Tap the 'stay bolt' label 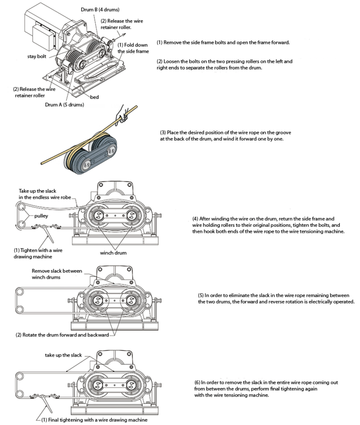pos(37,57)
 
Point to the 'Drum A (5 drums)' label pos(64,104)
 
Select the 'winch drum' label pos(113,253)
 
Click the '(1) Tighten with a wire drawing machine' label pos(37,254)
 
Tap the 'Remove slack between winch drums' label pos(57,274)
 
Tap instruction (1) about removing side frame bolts pos(223,42)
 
